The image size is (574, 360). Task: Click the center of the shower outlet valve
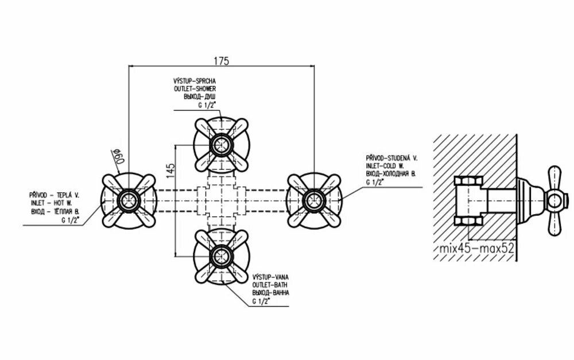(220, 145)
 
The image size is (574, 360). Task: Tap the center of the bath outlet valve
(220, 256)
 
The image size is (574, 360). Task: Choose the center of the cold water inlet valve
(313, 200)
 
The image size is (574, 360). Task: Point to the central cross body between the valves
(220, 200)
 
